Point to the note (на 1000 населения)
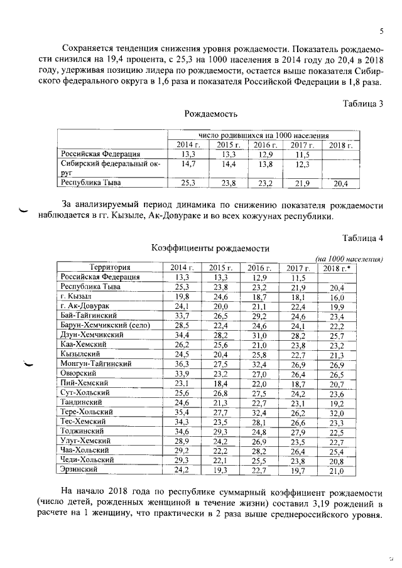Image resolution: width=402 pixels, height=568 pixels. (349, 259)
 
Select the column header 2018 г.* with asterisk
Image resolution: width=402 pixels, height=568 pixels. (337, 268)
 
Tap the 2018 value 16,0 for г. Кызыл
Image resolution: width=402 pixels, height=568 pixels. (337, 297)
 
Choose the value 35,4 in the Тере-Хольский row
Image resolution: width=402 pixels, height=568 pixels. (182, 412)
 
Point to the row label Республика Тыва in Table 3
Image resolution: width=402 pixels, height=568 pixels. (91, 183)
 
